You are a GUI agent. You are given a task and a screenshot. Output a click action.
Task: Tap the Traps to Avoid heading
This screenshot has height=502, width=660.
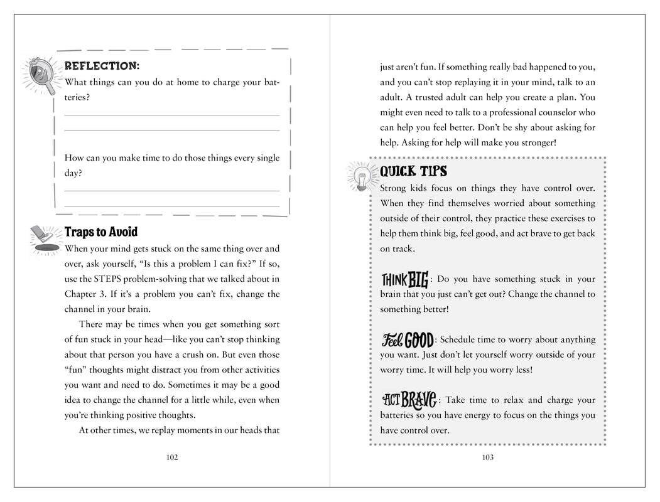pyautogui.click(x=100, y=232)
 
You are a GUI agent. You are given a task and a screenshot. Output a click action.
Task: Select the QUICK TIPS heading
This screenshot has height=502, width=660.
pyautogui.click(x=413, y=171)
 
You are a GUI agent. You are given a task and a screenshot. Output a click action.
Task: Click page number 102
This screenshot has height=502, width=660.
pyautogui.click(x=172, y=457)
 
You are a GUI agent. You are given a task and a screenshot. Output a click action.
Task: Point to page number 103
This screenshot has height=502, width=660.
pyautogui.click(x=488, y=457)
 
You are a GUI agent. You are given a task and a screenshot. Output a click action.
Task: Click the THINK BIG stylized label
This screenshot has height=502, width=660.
pyautogui.click(x=405, y=278)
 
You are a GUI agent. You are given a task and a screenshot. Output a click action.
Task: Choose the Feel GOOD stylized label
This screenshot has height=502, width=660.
pyautogui.click(x=408, y=339)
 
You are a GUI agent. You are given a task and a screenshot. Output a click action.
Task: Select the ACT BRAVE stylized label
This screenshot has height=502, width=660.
pyautogui.click(x=409, y=399)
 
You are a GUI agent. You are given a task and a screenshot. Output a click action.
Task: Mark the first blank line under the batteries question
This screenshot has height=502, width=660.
pyautogui.click(x=172, y=115)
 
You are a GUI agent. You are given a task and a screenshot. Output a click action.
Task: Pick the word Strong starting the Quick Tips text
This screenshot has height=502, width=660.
pyautogui.click(x=394, y=188)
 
